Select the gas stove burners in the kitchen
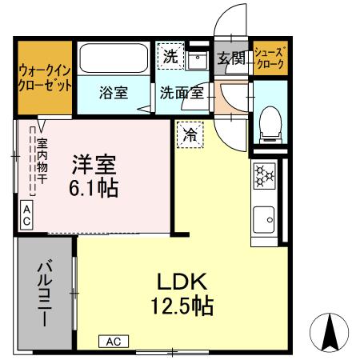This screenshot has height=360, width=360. coord(264,175)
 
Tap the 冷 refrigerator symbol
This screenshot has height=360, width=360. coord(190,133)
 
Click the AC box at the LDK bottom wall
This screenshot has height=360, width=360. coord(113,342)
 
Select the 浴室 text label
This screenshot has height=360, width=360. coord(114,92)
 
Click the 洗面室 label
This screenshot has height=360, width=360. coord(180,92)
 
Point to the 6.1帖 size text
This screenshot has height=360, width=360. coord(94,189)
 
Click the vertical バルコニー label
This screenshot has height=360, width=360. coord(44,291)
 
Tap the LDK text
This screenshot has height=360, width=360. coord(182,281)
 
